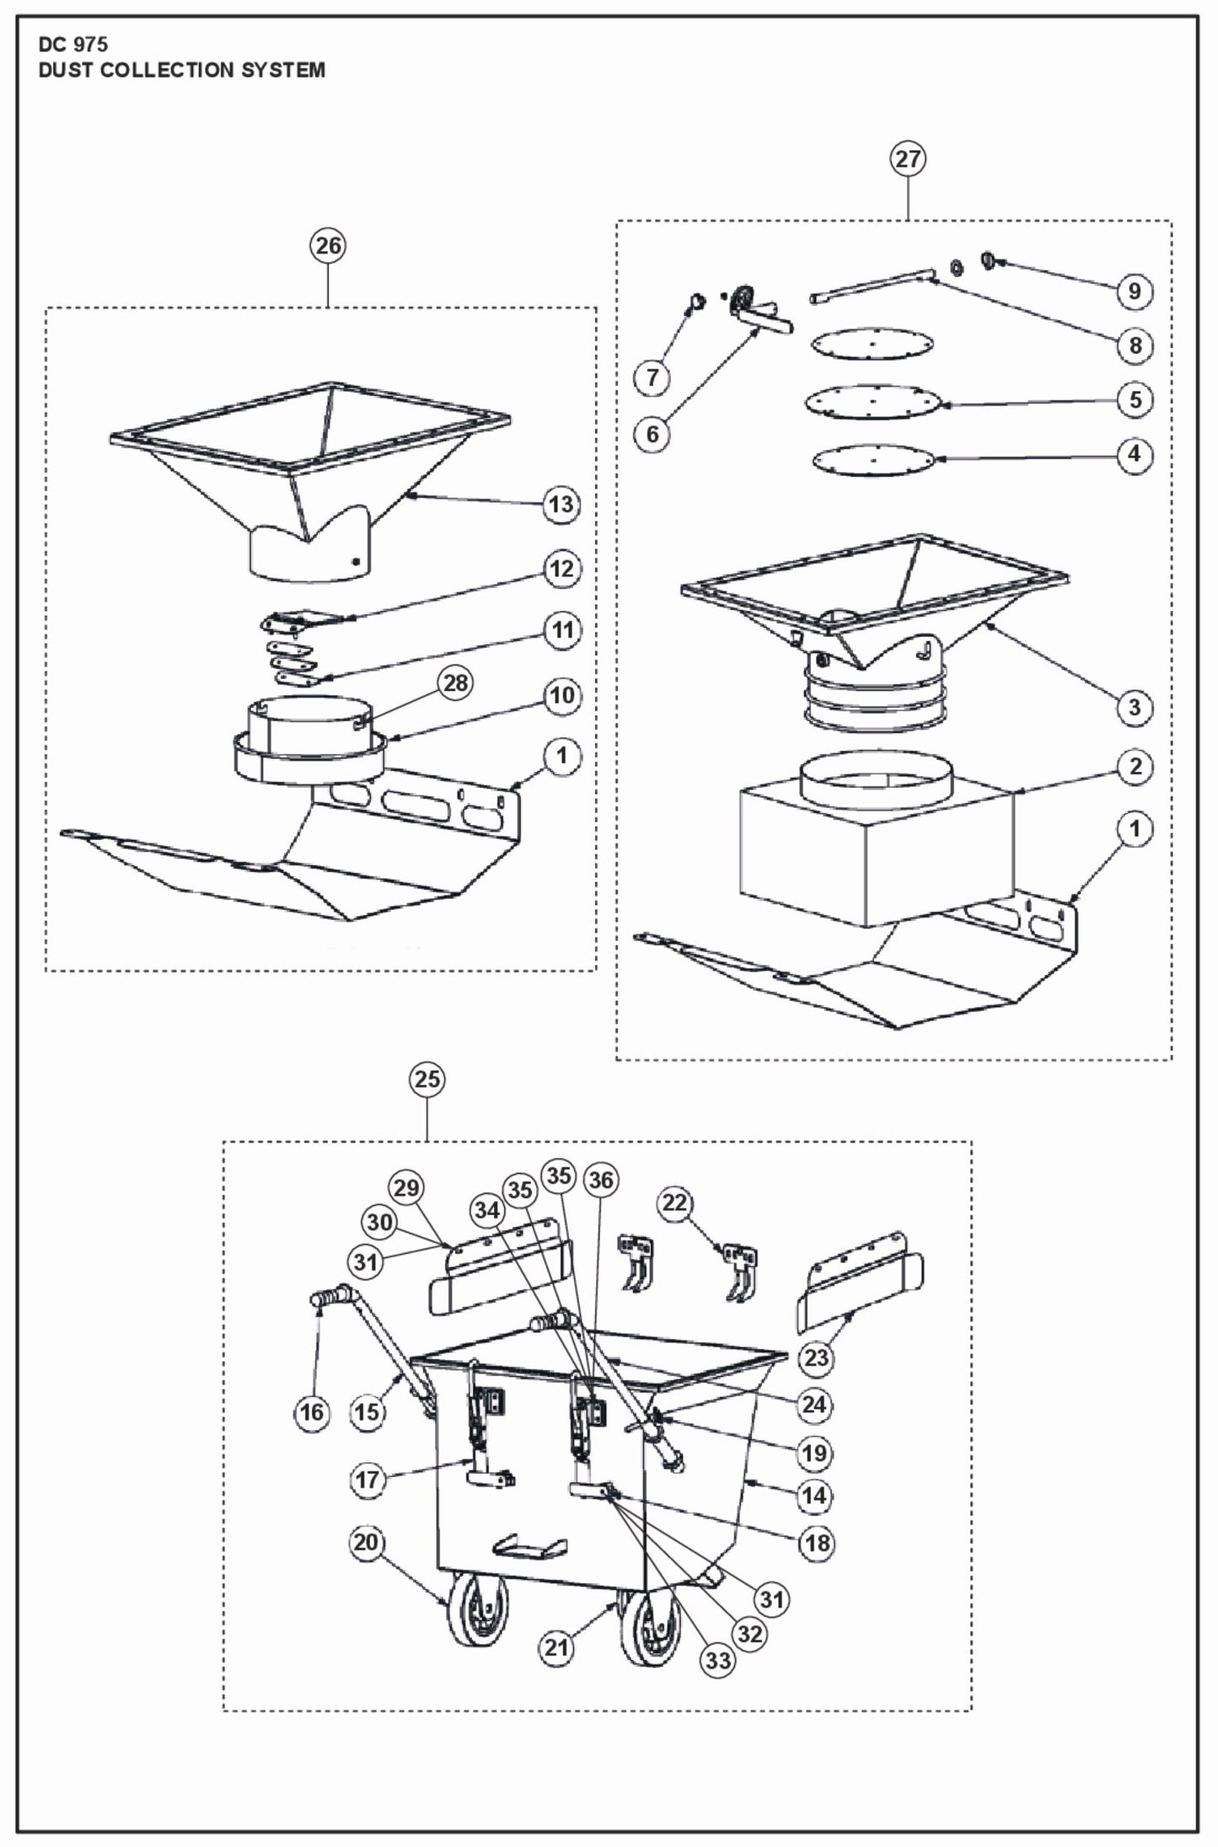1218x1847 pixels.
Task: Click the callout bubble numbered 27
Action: point(908,158)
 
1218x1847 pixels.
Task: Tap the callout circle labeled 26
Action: point(328,245)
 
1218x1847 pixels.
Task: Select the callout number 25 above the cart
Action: point(427,1079)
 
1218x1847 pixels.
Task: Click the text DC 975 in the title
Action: point(73,45)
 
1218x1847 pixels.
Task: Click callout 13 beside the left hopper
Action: point(561,505)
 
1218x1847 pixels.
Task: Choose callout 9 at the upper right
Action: point(1135,291)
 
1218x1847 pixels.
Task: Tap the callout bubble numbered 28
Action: point(456,683)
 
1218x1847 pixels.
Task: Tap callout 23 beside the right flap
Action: point(816,1357)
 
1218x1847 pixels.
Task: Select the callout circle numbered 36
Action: point(601,1180)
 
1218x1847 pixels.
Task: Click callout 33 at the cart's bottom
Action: point(717,1660)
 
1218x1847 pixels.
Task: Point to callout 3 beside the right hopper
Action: point(1135,707)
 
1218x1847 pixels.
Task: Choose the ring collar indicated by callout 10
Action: point(308,755)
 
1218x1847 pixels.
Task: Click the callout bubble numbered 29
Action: point(406,1188)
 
